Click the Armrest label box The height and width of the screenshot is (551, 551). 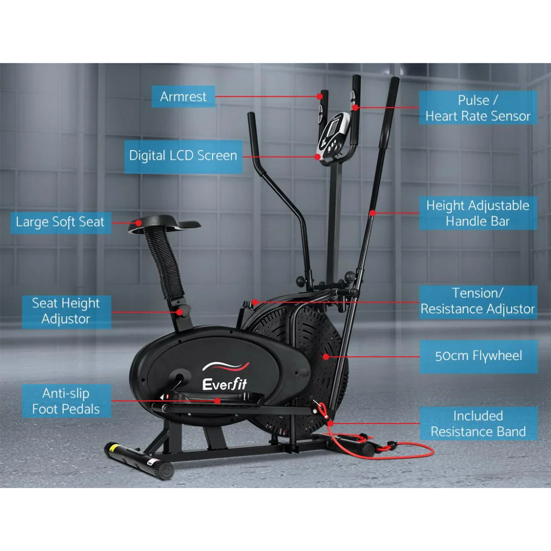[183, 97]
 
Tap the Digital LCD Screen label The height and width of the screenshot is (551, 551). [183, 156]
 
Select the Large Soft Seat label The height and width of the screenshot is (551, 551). [60, 222]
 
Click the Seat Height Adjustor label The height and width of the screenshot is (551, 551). [66, 311]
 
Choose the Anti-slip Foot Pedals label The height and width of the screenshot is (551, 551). [66, 401]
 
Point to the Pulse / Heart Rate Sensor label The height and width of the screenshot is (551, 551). [478, 108]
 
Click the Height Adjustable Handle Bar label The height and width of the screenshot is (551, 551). [478, 213]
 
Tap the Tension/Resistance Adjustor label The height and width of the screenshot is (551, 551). [478, 301]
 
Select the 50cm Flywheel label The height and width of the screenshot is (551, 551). [478, 356]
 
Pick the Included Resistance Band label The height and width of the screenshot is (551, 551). [478, 423]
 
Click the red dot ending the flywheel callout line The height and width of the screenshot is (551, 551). [326, 356]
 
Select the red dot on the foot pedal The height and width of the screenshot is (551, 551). [217, 401]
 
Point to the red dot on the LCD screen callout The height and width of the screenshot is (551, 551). [318, 157]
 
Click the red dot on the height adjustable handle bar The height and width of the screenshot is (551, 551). [372, 213]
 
